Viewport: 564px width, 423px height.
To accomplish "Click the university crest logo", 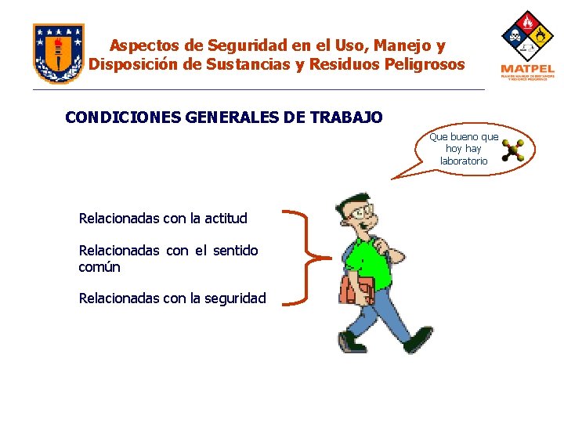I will pyautogui.click(x=58, y=52).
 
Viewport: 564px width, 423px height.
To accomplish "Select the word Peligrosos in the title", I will pyautogui.click(x=425, y=64).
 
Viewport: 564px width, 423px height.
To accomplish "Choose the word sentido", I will pyautogui.click(x=235, y=251).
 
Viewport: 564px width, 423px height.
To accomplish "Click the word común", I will pyautogui.click(x=99, y=267).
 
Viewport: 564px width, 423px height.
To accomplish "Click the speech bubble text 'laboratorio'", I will pyautogui.click(x=464, y=161).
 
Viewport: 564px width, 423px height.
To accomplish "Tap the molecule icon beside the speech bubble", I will pyautogui.click(x=513, y=150).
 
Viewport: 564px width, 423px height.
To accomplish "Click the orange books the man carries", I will pyautogui.click(x=356, y=289).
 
